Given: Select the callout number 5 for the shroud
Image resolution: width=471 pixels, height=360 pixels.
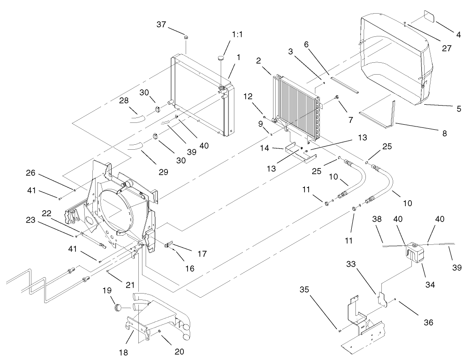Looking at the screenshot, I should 459,109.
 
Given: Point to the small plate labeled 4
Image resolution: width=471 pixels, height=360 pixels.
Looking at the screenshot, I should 430,17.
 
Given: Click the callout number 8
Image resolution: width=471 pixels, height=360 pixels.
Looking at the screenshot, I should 444,133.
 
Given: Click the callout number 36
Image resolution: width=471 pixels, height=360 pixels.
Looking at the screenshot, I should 428,322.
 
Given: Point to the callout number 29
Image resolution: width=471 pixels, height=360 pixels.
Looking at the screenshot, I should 163,172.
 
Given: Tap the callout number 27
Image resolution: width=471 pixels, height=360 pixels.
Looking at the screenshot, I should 447,48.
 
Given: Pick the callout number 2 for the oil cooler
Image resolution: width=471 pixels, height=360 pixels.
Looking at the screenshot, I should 258,61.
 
